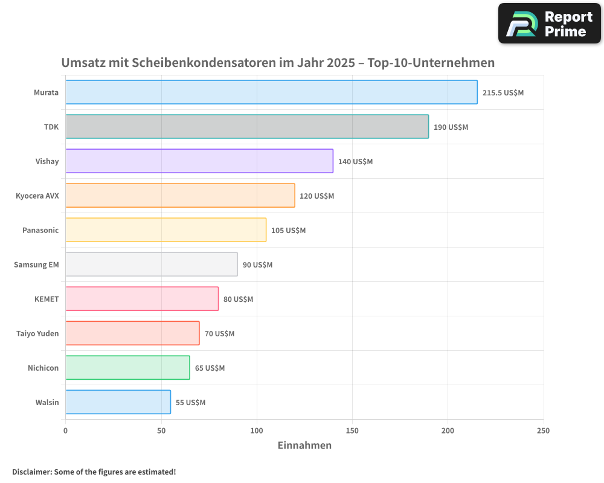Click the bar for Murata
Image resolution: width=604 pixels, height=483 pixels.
tap(271, 92)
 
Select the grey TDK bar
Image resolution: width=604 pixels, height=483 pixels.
tap(247, 127)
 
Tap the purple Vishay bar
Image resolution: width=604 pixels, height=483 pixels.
tap(199, 161)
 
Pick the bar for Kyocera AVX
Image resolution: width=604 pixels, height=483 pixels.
tap(180, 196)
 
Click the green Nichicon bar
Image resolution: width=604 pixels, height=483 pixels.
tap(127, 368)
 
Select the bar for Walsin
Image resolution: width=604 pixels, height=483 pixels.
tap(118, 402)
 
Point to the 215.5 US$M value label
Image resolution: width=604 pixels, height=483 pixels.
tap(503, 93)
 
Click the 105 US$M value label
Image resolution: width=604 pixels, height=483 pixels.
tap(288, 231)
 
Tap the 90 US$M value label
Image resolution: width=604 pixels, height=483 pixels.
tap(257, 265)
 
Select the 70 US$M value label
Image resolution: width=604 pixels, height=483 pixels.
tap(219, 334)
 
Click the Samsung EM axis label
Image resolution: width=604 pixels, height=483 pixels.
tap(36, 264)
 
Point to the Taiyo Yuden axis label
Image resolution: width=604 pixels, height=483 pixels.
tap(37, 333)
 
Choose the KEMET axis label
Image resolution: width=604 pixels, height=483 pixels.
tap(47, 299)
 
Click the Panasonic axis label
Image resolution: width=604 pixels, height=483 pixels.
tap(40, 230)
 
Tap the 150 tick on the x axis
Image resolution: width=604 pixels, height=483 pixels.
tap(352, 430)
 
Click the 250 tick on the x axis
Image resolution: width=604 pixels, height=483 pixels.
tap(543, 430)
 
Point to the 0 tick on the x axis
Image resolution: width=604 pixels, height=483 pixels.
tap(65, 430)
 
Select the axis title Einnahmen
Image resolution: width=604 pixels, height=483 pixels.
tap(304, 446)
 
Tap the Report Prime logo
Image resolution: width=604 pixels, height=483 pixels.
tap(549, 24)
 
